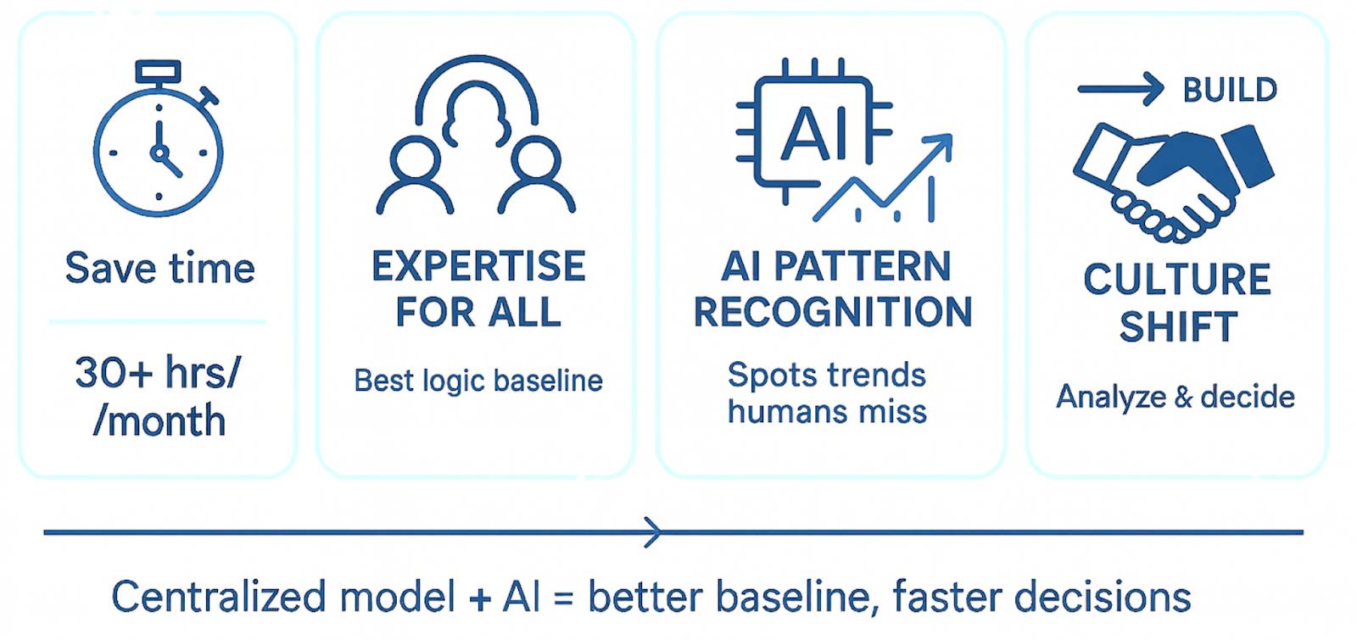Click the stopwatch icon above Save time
(158, 140)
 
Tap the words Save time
(160, 269)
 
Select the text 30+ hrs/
(158, 373)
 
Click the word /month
(159, 421)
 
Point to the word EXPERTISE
(478, 266)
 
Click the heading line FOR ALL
(478, 312)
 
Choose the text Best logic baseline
(478, 381)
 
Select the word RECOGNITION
(833, 312)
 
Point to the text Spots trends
(827, 375)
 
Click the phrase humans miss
(827, 412)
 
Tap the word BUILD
(1230, 90)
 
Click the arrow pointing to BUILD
(1120, 88)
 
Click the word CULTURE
(1177, 280)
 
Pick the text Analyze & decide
(1176, 397)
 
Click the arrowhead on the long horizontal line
(652, 532)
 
